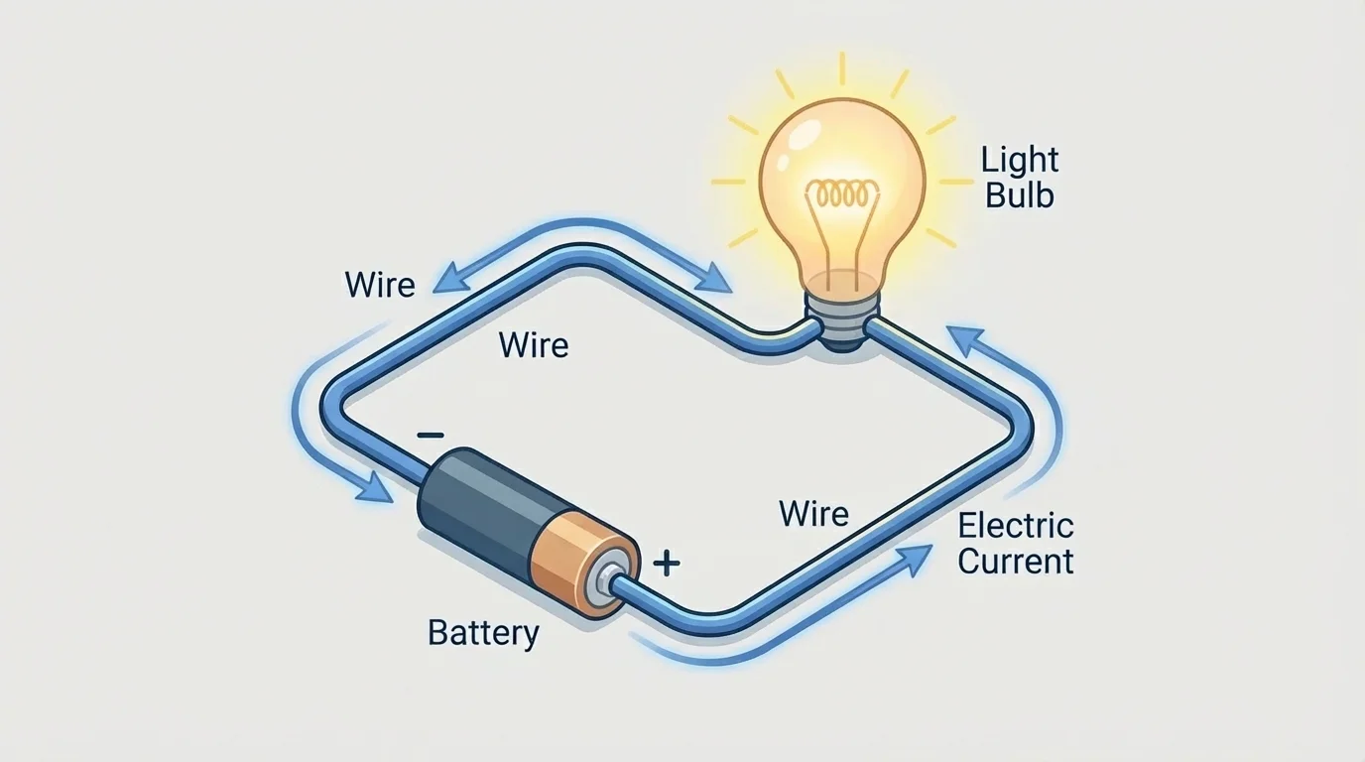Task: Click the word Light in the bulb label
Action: pyautogui.click(x=1020, y=160)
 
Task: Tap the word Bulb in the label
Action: pyautogui.click(x=1020, y=194)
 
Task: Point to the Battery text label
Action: pyautogui.click(x=483, y=632)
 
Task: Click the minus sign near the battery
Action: pyautogui.click(x=430, y=435)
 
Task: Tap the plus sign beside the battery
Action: pyautogui.click(x=667, y=565)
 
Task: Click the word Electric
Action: pyautogui.click(x=1016, y=525)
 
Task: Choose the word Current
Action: pyautogui.click(x=1016, y=562)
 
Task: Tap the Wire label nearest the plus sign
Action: pyautogui.click(x=813, y=514)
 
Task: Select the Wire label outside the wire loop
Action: pyautogui.click(x=380, y=285)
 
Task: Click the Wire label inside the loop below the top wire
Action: pyautogui.click(x=534, y=345)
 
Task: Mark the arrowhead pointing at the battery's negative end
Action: pyautogui.click(x=377, y=487)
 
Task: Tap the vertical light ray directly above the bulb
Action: pyautogui.click(x=841, y=68)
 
